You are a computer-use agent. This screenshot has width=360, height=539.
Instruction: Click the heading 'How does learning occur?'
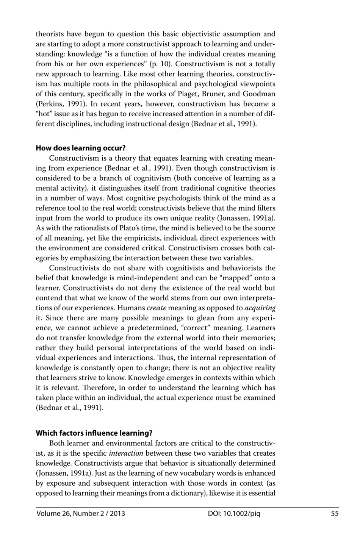pos(80,148)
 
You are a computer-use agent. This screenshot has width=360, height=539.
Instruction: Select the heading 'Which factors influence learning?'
pos(94,433)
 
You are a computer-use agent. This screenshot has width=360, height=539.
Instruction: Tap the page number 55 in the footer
pos(335,514)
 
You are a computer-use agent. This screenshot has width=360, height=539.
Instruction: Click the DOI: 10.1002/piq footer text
pos(234,514)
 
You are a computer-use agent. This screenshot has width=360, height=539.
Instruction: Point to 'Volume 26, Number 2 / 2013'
pos(80,514)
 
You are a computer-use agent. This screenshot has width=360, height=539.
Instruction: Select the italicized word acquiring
pos(260,308)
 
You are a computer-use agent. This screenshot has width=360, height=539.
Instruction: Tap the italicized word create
pos(157,308)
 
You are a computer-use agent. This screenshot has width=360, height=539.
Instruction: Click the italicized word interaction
pos(126,453)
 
